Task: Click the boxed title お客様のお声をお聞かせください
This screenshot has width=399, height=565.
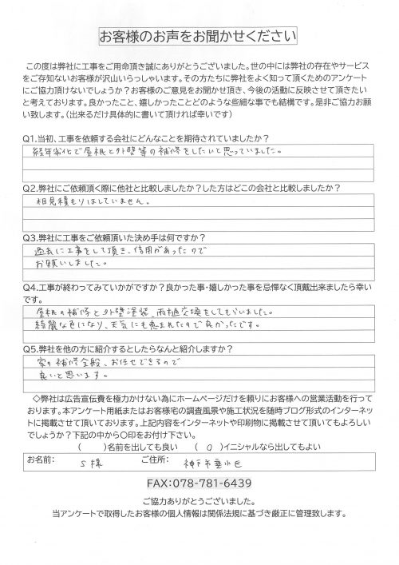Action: (x=199, y=37)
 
